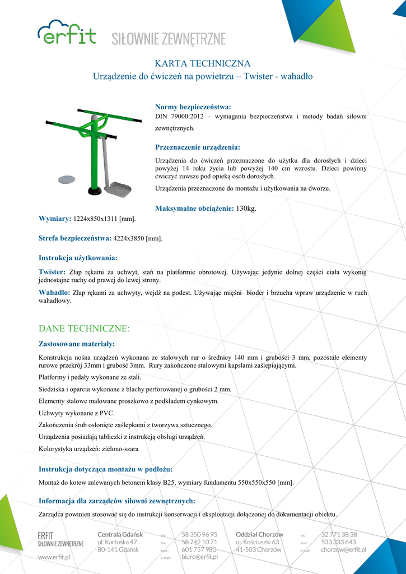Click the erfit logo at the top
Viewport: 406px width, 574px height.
point(67,33)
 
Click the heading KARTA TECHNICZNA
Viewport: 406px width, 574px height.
point(202,63)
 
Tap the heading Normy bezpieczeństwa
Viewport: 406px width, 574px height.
point(193,107)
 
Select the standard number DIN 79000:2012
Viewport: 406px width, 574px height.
point(179,116)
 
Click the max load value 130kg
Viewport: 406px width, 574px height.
point(246,209)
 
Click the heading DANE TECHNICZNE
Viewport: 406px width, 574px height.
point(84,327)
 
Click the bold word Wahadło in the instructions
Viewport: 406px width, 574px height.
point(54,293)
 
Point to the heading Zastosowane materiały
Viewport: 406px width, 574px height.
point(77,343)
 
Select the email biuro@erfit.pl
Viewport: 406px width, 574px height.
point(200,557)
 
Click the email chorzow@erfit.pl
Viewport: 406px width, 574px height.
point(343,550)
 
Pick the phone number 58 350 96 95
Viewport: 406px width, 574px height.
point(199,534)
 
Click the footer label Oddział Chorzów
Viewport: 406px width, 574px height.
point(259,534)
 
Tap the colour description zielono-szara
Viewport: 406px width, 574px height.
point(120,449)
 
